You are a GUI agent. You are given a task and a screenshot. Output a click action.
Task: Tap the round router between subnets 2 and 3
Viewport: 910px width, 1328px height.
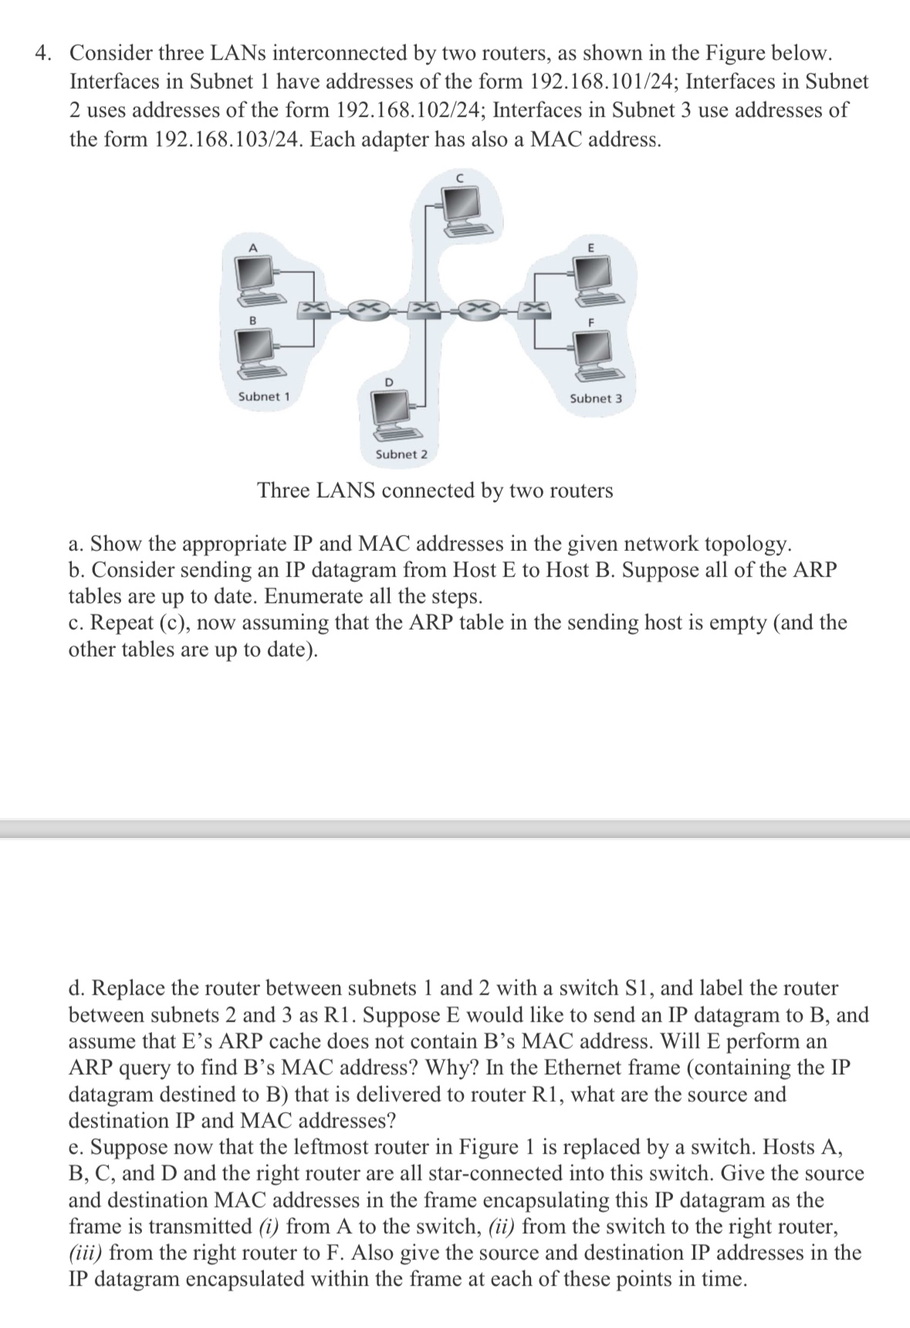[479, 309]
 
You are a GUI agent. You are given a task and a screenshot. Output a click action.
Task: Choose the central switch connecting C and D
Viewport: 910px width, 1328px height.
[424, 309]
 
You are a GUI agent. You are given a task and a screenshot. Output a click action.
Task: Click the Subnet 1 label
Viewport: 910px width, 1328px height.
[264, 396]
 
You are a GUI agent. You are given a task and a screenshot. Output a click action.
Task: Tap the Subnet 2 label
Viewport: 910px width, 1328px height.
[401, 454]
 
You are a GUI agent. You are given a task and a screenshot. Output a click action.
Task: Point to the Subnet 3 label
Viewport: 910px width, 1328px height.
[596, 398]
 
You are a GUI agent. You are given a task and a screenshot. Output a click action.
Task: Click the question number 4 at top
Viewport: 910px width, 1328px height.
[44, 53]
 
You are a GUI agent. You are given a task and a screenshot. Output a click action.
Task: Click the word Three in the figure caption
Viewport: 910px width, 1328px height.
[284, 490]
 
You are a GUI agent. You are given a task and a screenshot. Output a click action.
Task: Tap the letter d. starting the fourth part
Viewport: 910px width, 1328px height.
[77, 988]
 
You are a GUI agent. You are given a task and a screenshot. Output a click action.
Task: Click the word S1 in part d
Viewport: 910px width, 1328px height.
[635, 988]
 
